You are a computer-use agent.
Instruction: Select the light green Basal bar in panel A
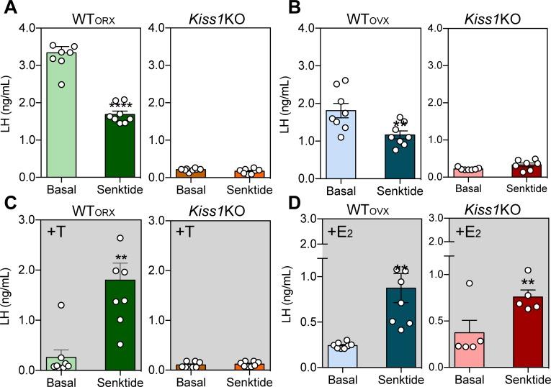(x=61, y=115)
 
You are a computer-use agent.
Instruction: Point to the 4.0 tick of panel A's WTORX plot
(x=29, y=28)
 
